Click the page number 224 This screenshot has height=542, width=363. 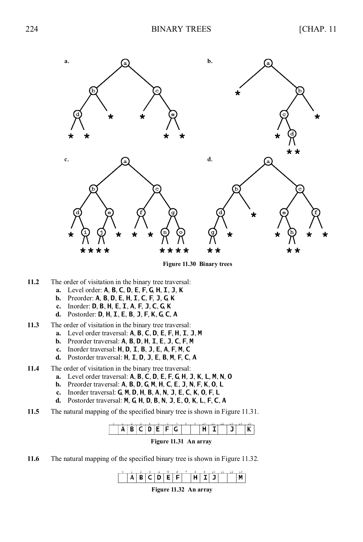(32, 29)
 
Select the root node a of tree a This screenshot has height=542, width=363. (125, 63)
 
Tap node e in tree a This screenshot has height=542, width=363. (173, 114)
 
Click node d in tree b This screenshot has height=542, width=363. (292, 134)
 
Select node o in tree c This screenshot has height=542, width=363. (181, 232)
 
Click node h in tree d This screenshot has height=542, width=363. (292, 232)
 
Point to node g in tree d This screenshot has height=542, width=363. (213, 232)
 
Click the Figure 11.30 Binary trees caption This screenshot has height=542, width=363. (197, 264)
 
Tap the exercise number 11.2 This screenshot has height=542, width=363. (33, 282)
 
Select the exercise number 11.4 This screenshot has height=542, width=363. (33, 368)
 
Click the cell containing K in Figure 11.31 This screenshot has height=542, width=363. (249, 430)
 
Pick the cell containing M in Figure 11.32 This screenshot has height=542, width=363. (241, 478)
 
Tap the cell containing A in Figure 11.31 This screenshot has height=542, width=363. (123, 430)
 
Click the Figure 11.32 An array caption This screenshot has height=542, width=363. (182, 489)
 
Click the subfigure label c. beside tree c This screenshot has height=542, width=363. (67, 159)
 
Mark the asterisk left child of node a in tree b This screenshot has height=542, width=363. (238, 94)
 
